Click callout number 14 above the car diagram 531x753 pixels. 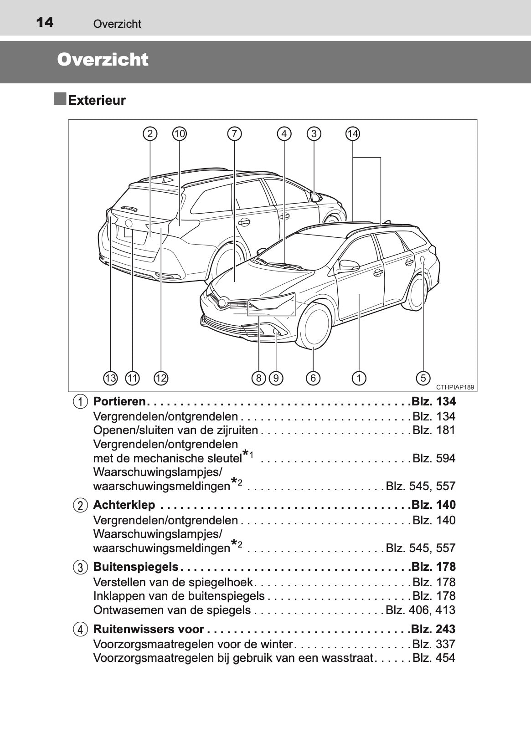click(x=352, y=133)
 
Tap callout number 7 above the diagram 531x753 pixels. click(x=234, y=133)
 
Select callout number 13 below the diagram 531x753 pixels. click(x=110, y=378)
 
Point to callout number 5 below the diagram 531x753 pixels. click(x=423, y=378)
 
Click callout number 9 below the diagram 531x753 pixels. click(x=276, y=378)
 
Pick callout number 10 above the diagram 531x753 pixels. click(x=180, y=133)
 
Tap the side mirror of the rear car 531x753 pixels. click(x=315, y=197)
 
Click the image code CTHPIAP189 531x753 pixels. click(x=455, y=387)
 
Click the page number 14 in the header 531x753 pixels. click(x=45, y=22)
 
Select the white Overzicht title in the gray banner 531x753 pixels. click(x=103, y=60)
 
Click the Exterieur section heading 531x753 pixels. click(x=97, y=100)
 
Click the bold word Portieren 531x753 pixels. click(x=119, y=401)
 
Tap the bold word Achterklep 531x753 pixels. click(x=124, y=505)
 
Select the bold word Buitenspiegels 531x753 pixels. click(x=136, y=567)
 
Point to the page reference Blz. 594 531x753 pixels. click(x=433, y=458)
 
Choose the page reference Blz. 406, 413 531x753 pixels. click(x=420, y=610)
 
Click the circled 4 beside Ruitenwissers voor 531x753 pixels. click(x=80, y=630)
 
